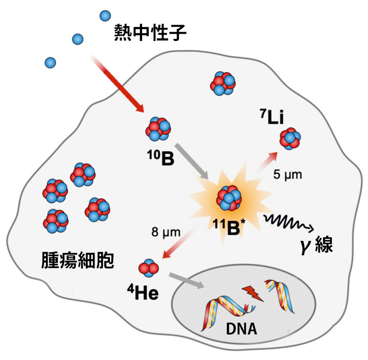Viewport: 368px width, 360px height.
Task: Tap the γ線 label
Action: [318, 245]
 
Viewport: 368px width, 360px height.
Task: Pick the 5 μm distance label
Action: [288, 175]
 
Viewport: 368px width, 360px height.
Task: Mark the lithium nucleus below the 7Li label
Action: [290, 138]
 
